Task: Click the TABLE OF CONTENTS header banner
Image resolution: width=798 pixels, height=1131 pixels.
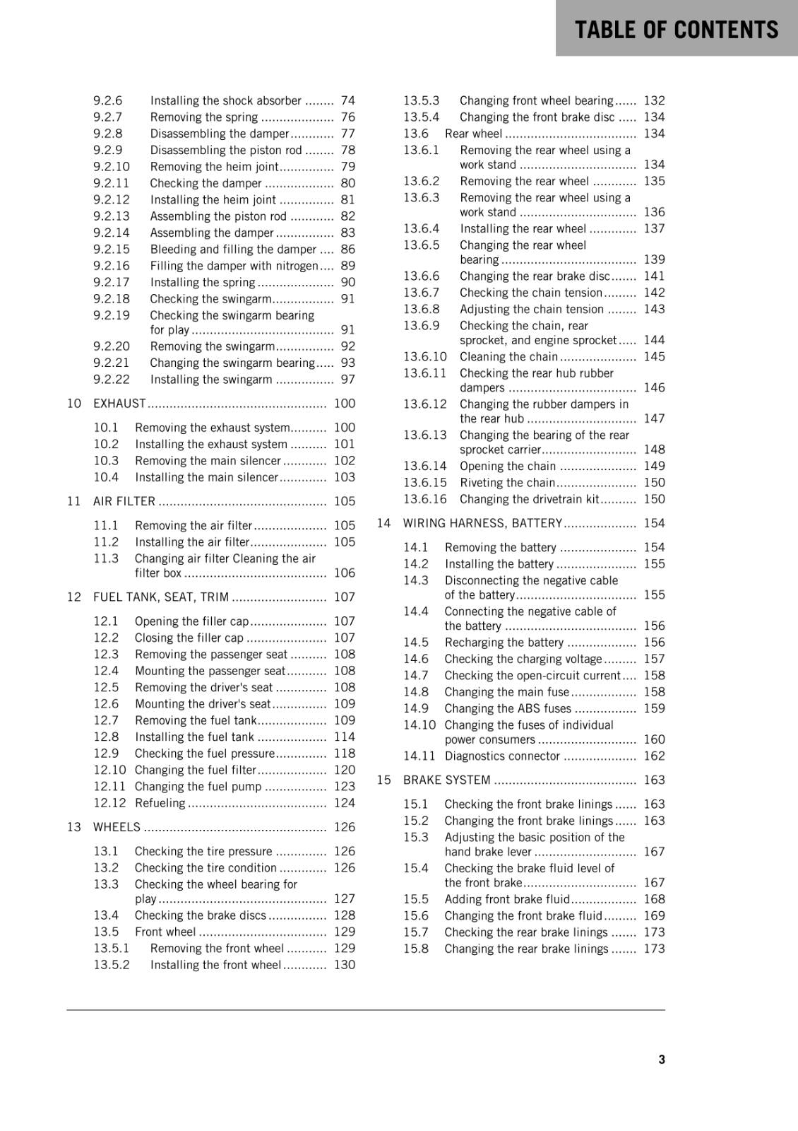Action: [676, 30]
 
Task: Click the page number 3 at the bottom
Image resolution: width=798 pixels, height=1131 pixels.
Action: [661, 1059]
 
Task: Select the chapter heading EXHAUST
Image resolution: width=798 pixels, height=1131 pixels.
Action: [119, 404]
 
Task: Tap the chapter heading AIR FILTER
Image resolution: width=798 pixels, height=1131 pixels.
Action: [124, 501]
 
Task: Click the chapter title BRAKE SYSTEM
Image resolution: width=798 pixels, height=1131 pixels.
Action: [446, 780]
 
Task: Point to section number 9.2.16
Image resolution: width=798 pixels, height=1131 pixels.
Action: [112, 266]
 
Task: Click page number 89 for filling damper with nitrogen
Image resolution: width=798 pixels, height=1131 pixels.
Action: [347, 266]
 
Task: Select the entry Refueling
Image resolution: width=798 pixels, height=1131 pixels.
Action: [160, 803]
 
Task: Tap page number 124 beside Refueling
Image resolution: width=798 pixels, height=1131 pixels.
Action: [344, 803]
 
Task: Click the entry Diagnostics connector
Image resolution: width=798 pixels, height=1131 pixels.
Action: [502, 756]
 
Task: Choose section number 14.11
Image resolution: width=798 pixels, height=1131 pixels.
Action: [419, 756]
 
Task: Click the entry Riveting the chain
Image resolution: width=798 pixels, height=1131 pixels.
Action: [507, 483]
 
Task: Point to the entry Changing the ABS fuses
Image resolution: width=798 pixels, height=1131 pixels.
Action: [508, 708]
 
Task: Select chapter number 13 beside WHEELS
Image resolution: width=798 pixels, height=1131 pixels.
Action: [74, 827]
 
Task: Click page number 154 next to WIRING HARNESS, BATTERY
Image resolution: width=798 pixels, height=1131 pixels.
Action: [654, 523]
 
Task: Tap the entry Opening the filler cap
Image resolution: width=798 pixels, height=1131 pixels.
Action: [191, 621]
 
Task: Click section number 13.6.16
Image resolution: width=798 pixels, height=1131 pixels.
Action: [425, 499]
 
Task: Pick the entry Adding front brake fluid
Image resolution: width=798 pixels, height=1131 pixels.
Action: [507, 899]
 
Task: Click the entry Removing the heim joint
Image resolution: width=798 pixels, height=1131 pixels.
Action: [214, 167]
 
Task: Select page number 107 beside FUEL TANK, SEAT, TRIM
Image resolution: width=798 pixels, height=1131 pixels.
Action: [344, 597]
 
